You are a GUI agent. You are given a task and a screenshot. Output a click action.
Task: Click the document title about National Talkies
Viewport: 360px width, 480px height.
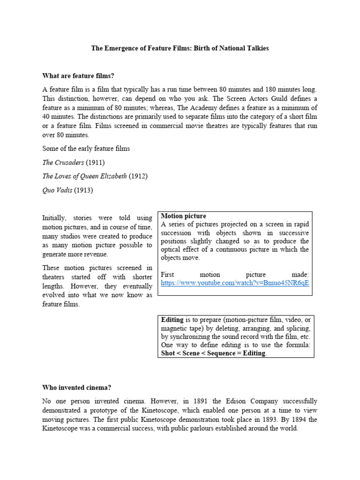(x=180, y=48)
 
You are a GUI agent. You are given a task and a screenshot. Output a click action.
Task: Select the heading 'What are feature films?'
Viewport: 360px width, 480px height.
(x=78, y=75)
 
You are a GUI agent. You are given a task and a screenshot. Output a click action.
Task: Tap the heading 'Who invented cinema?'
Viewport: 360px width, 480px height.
(x=76, y=388)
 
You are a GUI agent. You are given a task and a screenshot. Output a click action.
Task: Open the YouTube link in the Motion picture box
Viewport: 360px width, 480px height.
(x=235, y=283)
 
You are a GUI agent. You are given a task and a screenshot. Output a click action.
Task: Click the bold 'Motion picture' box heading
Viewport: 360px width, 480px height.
(x=183, y=216)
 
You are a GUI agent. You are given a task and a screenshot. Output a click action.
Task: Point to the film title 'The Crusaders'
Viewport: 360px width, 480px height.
(x=63, y=163)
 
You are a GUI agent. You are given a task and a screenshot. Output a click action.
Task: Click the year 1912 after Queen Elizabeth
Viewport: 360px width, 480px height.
(x=138, y=176)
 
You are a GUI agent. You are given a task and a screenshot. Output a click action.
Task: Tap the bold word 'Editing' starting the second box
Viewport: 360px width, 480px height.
(x=172, y=320)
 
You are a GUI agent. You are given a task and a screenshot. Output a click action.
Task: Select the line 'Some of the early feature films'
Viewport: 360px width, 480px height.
(x=86, y=149)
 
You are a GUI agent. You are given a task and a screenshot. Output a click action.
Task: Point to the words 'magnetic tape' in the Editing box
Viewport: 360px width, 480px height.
(x=182, y=329)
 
